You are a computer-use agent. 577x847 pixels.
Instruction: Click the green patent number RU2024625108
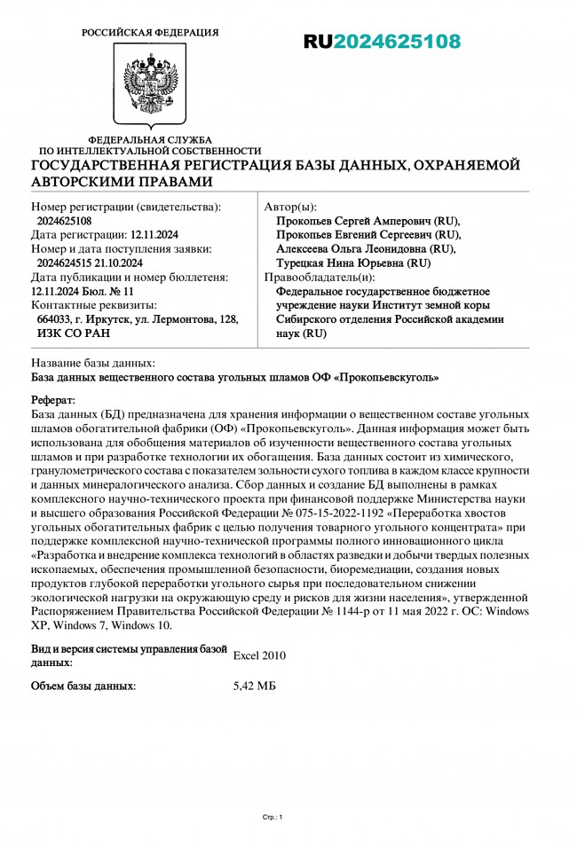click(382, 42)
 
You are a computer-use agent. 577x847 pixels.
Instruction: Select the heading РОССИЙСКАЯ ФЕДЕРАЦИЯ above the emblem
click(149, 33)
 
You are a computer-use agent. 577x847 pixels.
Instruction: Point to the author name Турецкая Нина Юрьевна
click(353, 263)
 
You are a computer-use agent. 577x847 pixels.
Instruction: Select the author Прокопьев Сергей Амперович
click(368, 221)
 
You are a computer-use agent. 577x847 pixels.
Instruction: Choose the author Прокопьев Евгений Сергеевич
click(368, 235)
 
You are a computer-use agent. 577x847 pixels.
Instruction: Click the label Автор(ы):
click(290, 207)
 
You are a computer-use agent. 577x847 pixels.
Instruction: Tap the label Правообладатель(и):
click(314, 278)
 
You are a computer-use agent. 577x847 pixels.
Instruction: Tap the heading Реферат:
click(53, 401)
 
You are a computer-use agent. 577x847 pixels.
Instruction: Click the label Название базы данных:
click(93, 363)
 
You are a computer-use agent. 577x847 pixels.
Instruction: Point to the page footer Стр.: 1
click(273, 817)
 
